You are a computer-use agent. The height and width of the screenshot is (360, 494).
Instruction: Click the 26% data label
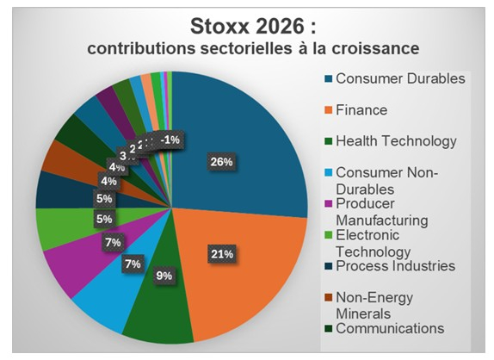pyautogui.click(x=219, y=161)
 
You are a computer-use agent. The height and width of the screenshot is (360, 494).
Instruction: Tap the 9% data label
pyautogui.click(x=164, y=276)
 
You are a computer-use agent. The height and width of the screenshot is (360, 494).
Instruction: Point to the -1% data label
pyautogui.click(x=171, y=140)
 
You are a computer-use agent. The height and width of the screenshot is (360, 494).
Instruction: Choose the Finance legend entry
pyautogui.click(x=361, y=110)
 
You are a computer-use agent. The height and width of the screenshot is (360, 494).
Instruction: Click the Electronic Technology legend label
pyautogui.click(x=379, y=243)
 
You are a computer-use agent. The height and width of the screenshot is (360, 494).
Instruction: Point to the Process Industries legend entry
pyautogui.click(x=395, y=265)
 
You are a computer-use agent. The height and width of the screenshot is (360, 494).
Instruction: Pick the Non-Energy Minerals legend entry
pyautogui.click(x=375, y=305)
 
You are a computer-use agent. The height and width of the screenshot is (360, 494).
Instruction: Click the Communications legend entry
pyautogui.click(x=389, y=328)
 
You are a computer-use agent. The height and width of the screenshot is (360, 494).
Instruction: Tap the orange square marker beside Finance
pyautogui.click(x=329, y=111)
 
